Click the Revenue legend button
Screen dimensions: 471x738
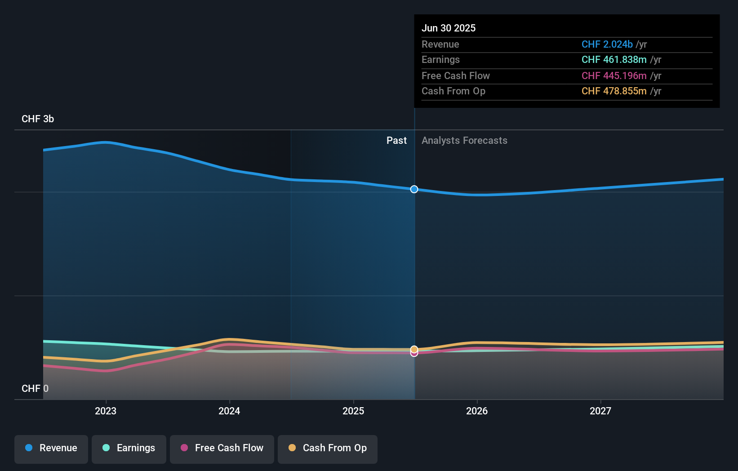coord(51,449)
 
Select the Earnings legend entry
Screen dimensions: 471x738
coord(129,449)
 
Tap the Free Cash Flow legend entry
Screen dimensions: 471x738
coord(222,449)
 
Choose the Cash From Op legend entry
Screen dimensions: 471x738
coord(328,449)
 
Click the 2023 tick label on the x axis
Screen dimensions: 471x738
coord(106,411)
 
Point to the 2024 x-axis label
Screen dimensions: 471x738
coord(229,411)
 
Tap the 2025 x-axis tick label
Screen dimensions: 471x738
coord(353,411)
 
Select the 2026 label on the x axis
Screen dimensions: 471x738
coord(477,411)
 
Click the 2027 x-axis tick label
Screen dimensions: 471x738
coord(600,411)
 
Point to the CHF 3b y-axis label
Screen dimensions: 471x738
coord(38,119)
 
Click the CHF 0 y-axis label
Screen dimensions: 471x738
coord(35,388)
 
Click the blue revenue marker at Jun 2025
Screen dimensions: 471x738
coord(414,189)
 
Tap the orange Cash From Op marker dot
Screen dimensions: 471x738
coord(414,349)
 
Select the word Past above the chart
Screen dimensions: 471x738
coord(396,141)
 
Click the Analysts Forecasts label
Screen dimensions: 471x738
coord(464,141)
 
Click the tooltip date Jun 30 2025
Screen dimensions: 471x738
coord(449,28)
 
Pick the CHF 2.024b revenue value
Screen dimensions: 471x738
coord(607,44)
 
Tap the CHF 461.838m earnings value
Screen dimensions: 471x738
coord(614,60)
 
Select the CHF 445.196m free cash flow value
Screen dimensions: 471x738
coord(614,76)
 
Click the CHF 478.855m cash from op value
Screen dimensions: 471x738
coord(614,91)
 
